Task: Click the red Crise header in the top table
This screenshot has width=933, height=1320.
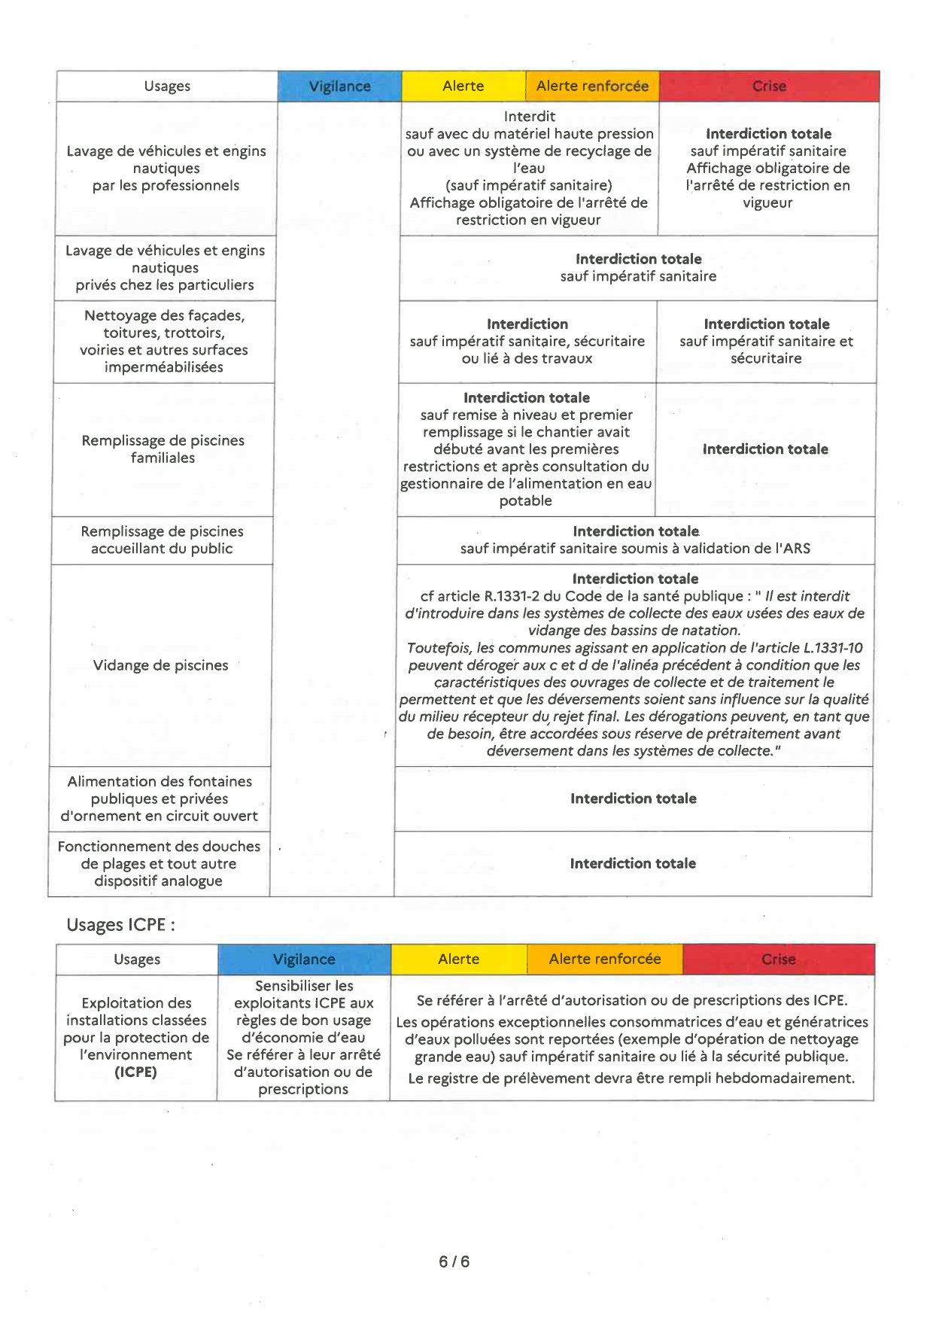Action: tap(769, 87)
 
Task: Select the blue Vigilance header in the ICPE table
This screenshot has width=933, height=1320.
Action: tap(304, 960)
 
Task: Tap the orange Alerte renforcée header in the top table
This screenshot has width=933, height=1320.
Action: tap(592, 87)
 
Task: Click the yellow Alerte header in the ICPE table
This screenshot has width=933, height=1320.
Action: tap(458, 960)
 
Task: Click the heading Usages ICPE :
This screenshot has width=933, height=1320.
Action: tap(120, 925)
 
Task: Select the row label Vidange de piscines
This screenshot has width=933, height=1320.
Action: tap(160, 665)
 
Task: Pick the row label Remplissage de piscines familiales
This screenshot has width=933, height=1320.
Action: tap(163, 449)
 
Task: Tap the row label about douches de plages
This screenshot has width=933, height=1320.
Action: tap(159, 864)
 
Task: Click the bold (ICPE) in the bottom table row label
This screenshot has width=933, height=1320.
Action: tap(135, 1072)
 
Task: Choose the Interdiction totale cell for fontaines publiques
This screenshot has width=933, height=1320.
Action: tap(633, 798)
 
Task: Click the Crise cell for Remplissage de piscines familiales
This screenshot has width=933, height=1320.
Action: tap(765, 449)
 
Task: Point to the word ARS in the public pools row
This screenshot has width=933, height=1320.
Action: tap(796, 549)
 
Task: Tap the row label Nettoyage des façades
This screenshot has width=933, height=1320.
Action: tap(164, 341)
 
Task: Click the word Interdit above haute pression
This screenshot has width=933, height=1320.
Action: tap(530, 117)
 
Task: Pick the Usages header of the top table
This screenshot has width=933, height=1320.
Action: tap(167, 87)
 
